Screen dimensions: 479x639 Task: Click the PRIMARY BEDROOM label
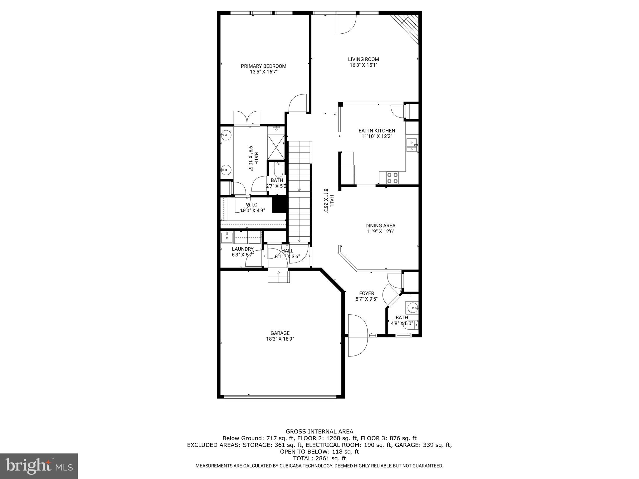[x=263, y=66]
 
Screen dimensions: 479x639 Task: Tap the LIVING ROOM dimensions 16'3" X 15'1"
[x=363, y=65]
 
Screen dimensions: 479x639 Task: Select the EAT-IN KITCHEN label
[x=377, y=131]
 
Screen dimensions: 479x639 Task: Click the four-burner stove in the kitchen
[x=392, y=178]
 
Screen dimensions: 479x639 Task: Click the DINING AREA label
[x=380, y=226]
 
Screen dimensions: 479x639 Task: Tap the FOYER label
[x=367, y=293]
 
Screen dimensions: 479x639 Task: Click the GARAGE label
[x=280, y=333]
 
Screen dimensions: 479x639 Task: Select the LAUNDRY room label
[x=242, y=249]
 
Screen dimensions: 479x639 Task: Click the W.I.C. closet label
[x=252, y=205]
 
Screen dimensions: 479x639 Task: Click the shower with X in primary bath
[x=276, y=147]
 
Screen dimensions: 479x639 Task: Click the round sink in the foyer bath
[x=413, y=308]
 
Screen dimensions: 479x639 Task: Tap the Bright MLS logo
[x=39, y=466]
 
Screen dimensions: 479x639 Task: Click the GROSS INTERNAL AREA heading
[x=319, y=432]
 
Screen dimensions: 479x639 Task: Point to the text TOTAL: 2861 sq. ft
[x=319, y=458]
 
